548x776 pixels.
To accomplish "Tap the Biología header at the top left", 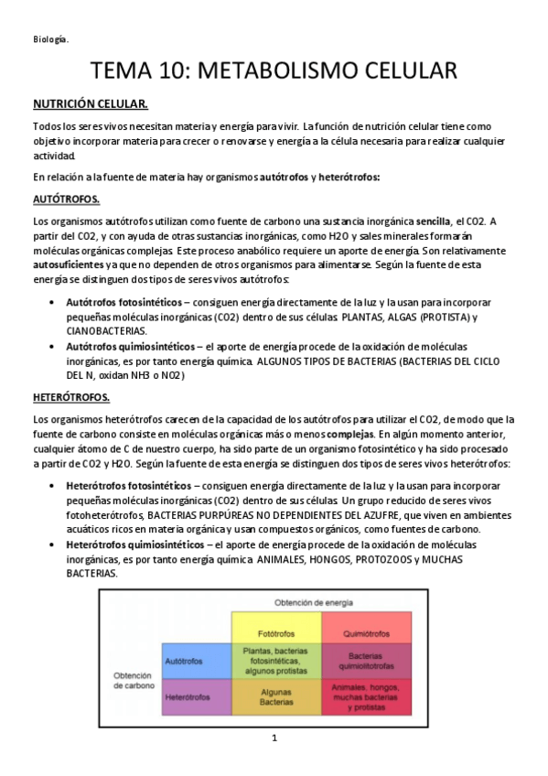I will point(50,38).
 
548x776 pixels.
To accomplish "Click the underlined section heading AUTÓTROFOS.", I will point(67,199).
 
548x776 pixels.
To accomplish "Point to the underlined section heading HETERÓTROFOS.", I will point(71,397).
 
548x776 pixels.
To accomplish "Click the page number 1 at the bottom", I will point(274,738).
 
